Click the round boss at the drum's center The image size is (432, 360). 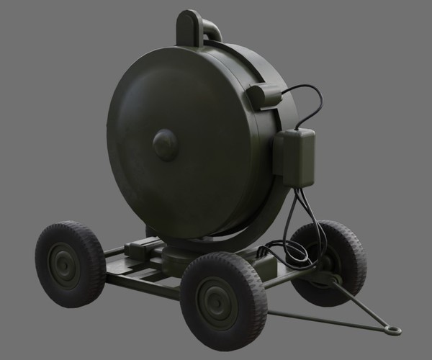[x=165, y=145]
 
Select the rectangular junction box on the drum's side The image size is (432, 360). [x=298, y=156]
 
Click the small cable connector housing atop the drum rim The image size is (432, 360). [x=264, y=96]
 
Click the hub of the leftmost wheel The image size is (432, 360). [x=64, y=266]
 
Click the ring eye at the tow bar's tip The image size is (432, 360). [x=393, y=330]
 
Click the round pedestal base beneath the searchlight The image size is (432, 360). [x=180, y=256]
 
